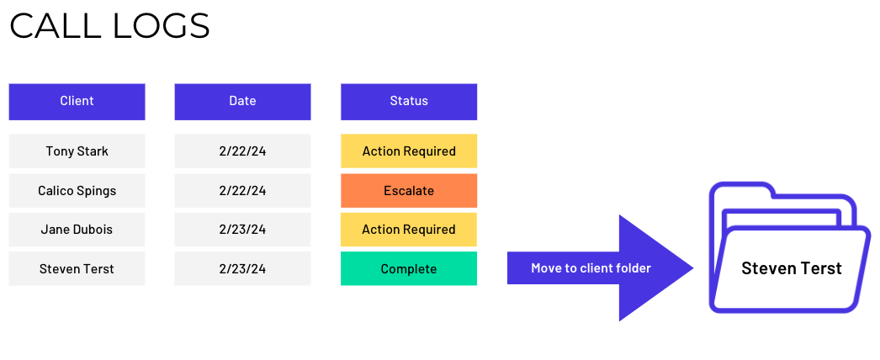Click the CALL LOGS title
pos(109,26)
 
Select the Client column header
pos(77,101)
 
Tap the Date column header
pos(242,101)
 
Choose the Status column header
pos(409,101)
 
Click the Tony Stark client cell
pos(77,151)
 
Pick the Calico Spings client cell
pos(77,191)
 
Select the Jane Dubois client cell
pos(77,230)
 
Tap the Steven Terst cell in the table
pos(77,269)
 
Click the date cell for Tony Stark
pos(242,151)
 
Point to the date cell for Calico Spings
pos(242,191)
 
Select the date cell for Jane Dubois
pos(242,230)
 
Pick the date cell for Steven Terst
pos(242,269)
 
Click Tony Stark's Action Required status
pos(409,151)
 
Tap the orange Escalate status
pos(409,191)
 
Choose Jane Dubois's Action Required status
pos(409,230)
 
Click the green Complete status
pos(409,269)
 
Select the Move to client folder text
pos(591,268)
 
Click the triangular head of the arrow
pos(652,268)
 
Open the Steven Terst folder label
pos(791,268)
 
